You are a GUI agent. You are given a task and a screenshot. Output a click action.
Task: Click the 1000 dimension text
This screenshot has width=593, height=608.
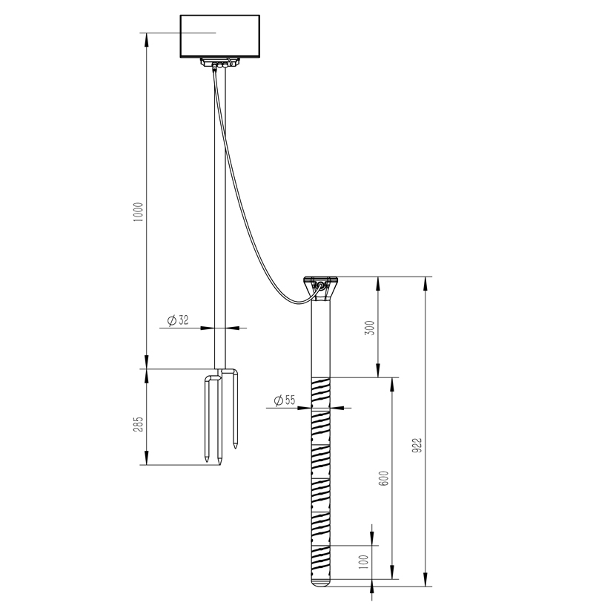pyautogui.click(x=137, y=215)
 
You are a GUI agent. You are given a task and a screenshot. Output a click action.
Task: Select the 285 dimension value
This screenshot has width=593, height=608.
pyautogui.click(x=137, y=424)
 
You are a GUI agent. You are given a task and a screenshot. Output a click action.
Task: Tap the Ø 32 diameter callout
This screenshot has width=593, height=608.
pyautogui.click(x=178, y=320)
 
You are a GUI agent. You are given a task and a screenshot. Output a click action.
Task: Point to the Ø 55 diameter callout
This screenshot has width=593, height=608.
pyautogui.click(x=284, y=400)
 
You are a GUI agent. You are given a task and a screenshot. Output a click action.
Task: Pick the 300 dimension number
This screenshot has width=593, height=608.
pyautogui.click(x=370, y=328)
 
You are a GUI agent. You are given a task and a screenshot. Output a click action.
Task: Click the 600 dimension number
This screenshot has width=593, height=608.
pyautogui.click(x=383, y=478)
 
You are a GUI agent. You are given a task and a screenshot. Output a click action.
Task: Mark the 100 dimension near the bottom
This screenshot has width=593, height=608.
pyautogui.click(x=362, y=561)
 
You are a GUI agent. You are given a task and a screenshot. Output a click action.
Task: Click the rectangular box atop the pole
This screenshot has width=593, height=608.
pyautogui.click(x=220, y=36)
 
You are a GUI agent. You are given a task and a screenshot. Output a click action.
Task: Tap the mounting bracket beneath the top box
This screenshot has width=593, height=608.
pyautogui.click(x=220, y=65)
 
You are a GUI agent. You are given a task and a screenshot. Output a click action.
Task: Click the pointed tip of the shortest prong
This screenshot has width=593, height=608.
pyautogui.click(x=235, y=446)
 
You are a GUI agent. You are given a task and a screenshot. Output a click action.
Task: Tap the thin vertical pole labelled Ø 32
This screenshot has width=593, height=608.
pyautogui.click(x=220, y=222)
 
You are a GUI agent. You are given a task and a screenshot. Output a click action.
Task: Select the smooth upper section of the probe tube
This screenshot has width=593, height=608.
pyautogui.click(x=322, y=341)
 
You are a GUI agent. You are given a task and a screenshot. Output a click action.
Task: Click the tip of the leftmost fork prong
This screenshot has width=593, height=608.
pyautogui.click(x=207, y=462)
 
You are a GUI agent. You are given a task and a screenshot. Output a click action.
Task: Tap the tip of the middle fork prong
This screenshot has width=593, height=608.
pyautogui.click(x=220, y=463)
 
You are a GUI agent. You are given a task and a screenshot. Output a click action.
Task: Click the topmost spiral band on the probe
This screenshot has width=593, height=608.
pyautogui.click(x=322, y=386)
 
